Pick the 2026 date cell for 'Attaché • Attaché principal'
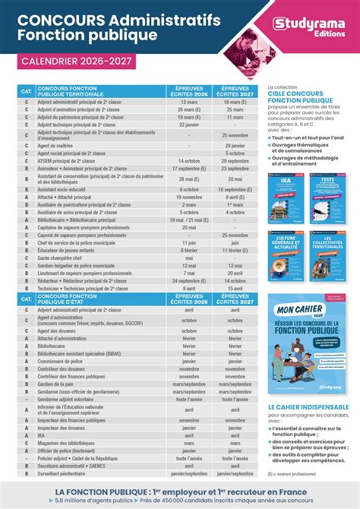[x=189, y=196]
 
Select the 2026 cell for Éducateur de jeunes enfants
[x=189, y=250]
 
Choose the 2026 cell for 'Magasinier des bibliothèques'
[x=189, y=442]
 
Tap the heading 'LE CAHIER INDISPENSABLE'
[x=299, y=406]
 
